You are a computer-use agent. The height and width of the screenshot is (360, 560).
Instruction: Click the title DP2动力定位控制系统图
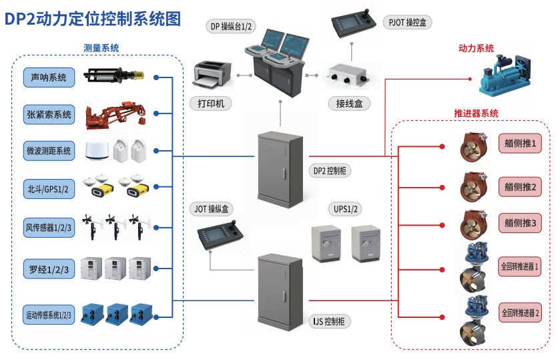tap(93, 19)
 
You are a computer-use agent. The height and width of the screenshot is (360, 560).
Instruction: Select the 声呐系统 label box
tap(49, 77)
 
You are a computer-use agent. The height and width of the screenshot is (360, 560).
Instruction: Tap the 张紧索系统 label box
tap(49, 114)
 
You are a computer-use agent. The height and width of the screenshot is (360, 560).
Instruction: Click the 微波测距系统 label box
tap(49, 151)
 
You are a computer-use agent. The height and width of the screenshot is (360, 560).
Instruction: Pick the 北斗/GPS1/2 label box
tap(49, 189)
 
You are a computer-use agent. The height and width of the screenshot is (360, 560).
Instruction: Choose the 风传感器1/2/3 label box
tap(49, 228)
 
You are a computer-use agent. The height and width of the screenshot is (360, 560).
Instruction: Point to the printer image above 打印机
tap(212, 75)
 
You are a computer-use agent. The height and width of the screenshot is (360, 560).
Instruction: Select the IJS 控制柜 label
tap(332, 321)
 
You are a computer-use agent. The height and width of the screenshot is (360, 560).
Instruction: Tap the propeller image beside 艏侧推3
tap(472, 224)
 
